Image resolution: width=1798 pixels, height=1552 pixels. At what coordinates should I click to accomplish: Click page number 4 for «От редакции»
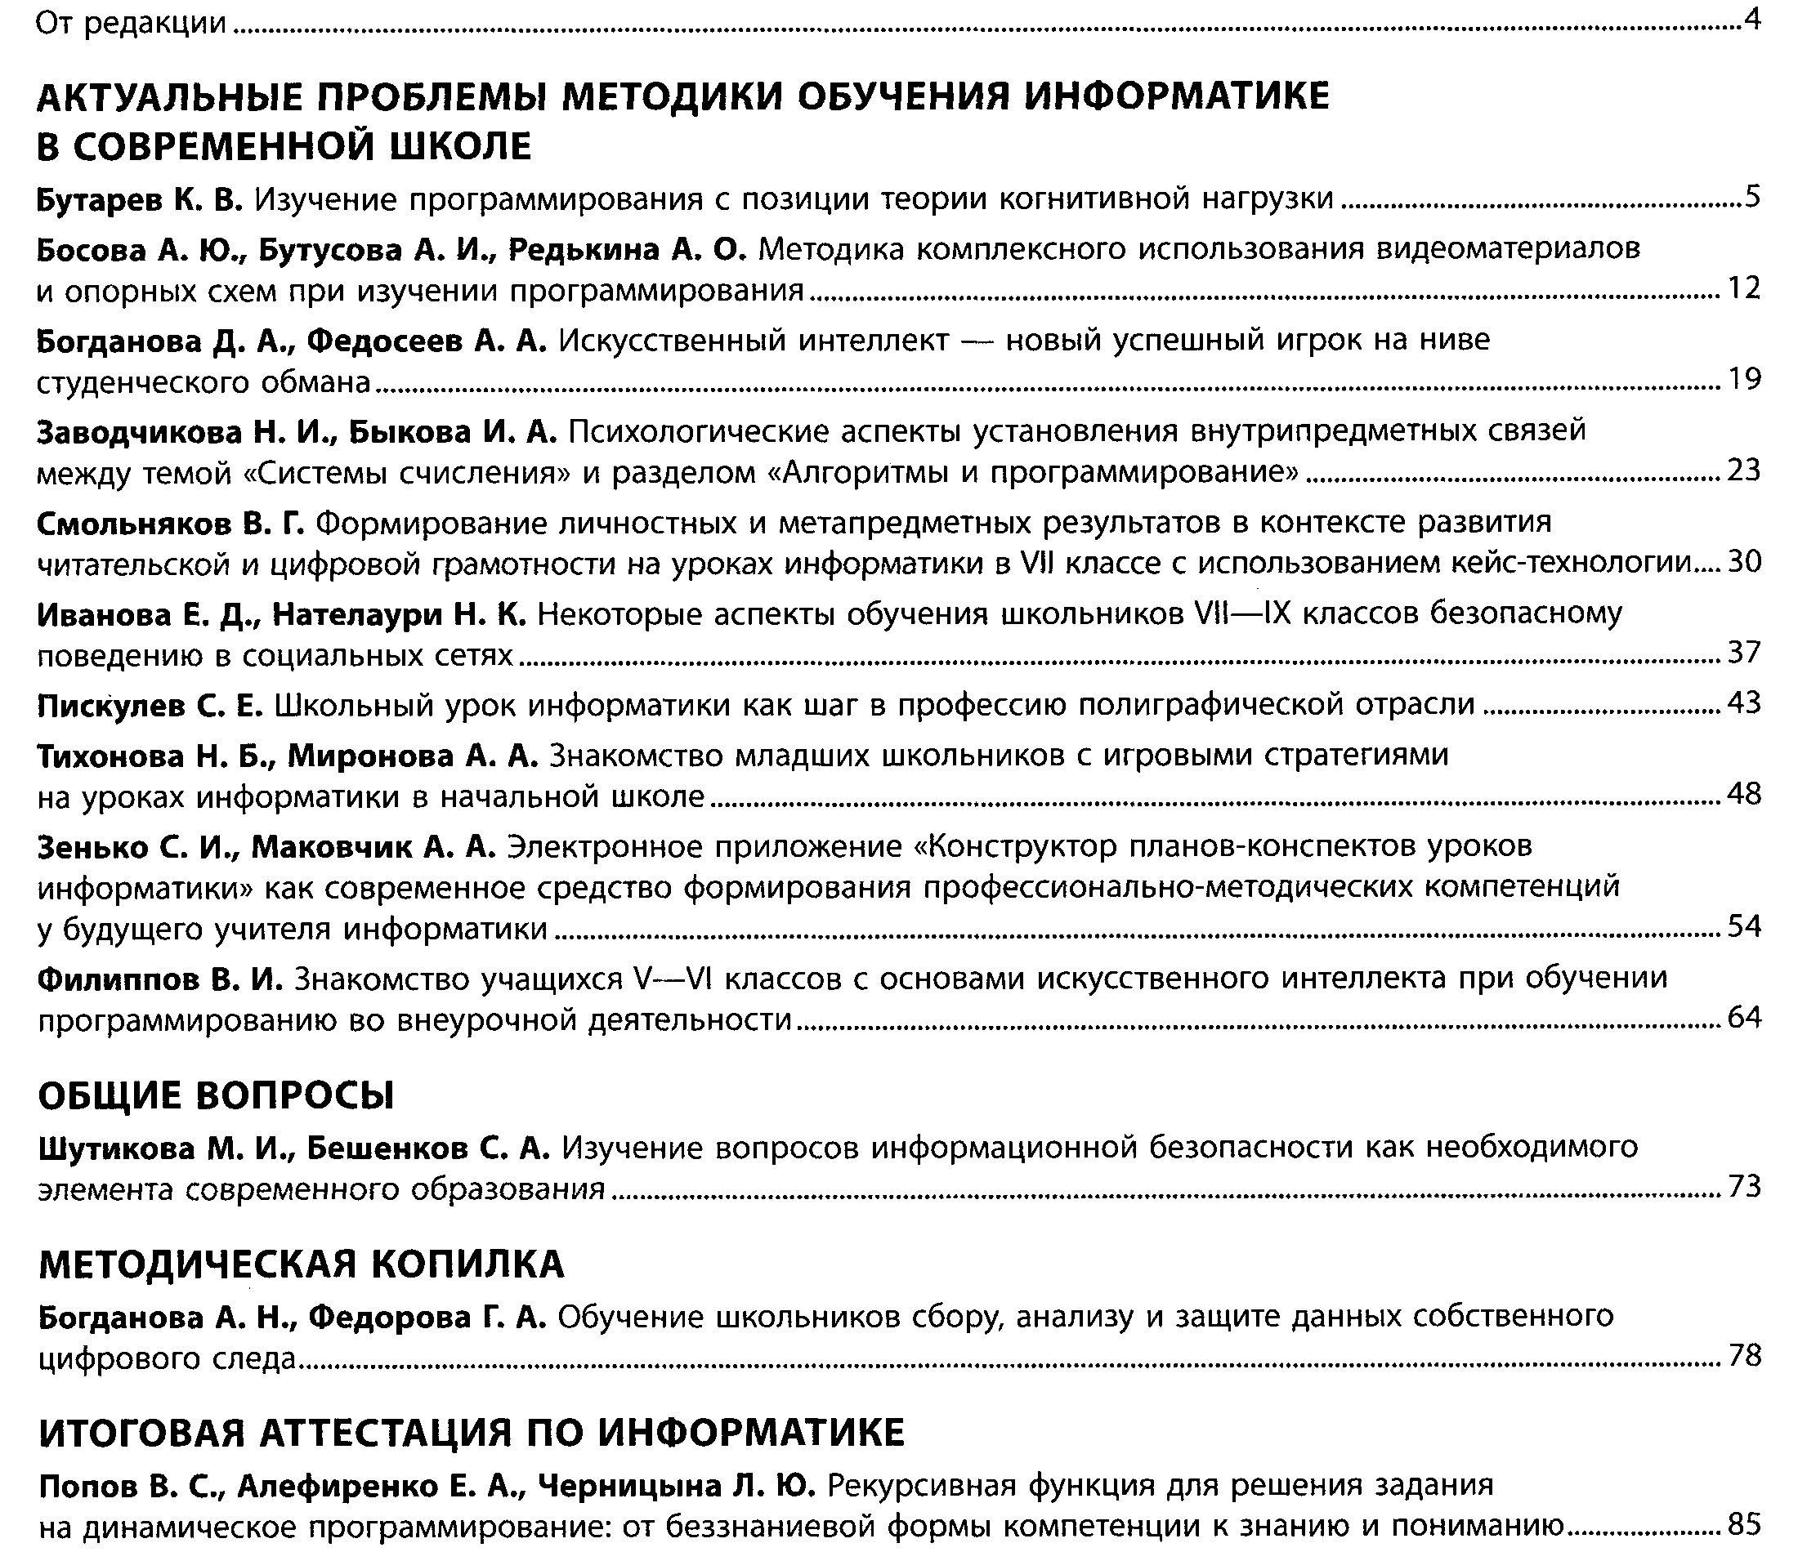(1752, 20)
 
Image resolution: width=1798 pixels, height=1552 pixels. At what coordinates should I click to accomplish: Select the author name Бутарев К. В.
(140, 200)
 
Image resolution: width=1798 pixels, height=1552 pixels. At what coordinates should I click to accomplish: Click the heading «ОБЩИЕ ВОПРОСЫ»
(216, 1095)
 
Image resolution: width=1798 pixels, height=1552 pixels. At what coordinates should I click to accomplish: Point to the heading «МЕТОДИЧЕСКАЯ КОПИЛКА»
(301, 1264)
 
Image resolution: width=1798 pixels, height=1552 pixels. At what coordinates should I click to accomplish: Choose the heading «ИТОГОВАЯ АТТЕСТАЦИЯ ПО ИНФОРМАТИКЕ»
(472, 1433)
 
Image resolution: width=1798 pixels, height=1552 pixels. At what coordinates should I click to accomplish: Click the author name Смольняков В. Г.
(170, 523)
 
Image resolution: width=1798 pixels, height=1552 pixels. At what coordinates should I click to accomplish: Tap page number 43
(1743, 702)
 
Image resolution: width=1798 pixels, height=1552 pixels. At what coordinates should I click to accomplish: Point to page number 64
(1743, 1017)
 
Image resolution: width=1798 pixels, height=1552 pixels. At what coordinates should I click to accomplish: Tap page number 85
(1743, 1524)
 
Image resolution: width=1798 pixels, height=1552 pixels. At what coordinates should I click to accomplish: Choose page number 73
(1743, 1187)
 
